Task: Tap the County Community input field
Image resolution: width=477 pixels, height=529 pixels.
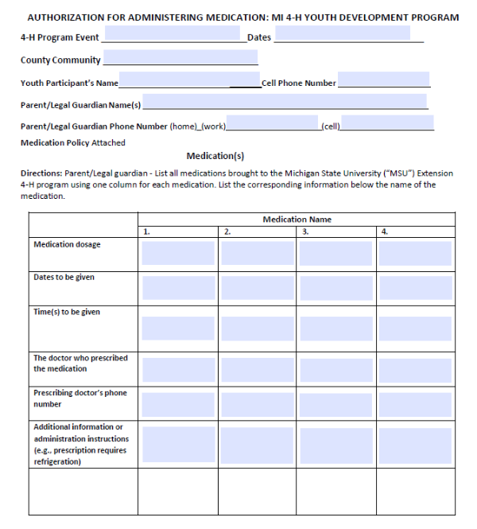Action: (180, 58)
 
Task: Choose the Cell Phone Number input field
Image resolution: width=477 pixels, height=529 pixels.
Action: (383, 80)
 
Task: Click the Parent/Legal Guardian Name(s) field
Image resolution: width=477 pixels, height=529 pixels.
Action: (284, 102)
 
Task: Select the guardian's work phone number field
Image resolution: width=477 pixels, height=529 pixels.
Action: (273, 123)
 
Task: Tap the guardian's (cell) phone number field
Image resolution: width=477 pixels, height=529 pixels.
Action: (387, 123)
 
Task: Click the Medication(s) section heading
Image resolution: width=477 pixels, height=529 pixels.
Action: (215, 156)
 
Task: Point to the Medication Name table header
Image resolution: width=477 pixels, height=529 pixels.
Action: (297, 219)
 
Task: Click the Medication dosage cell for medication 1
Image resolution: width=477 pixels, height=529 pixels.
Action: (178, 253)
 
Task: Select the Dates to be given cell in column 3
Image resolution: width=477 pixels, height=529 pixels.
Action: (335, 287)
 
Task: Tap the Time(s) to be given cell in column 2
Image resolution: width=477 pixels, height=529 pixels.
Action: (257, 328)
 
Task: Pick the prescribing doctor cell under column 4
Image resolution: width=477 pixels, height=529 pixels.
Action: (414, 369)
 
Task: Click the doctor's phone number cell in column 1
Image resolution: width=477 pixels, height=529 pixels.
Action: (178, 404)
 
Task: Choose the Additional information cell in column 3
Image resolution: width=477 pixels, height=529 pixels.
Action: (335, 445)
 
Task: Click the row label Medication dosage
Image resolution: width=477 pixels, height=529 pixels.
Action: (67, 244)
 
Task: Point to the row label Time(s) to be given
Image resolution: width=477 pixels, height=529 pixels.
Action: (67, 312)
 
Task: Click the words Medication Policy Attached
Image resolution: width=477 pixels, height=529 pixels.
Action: (72, 143)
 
